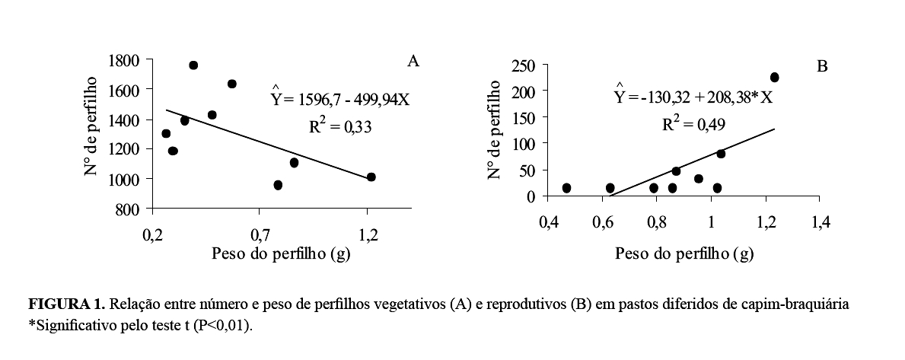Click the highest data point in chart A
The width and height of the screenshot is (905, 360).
point(193,65)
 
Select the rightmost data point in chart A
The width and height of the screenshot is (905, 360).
point(371,177)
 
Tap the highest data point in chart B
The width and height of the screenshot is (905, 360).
point(775,78)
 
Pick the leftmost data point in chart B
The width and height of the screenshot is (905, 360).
point(566,188)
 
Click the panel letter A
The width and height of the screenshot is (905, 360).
point(413,62)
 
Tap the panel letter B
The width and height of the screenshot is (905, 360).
point(822,67)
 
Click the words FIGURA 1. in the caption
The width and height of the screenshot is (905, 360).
point(66,305)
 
